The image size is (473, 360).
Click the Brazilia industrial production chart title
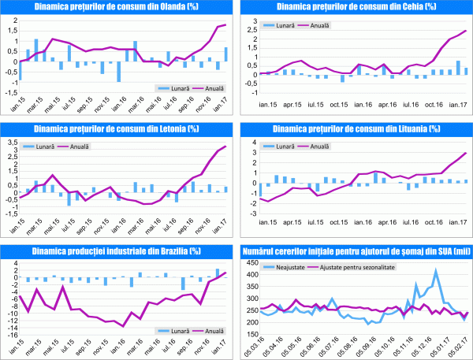tap(116, 251)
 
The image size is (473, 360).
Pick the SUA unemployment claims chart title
tap(357, 251)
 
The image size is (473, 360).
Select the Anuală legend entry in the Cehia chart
tap(318, 25)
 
